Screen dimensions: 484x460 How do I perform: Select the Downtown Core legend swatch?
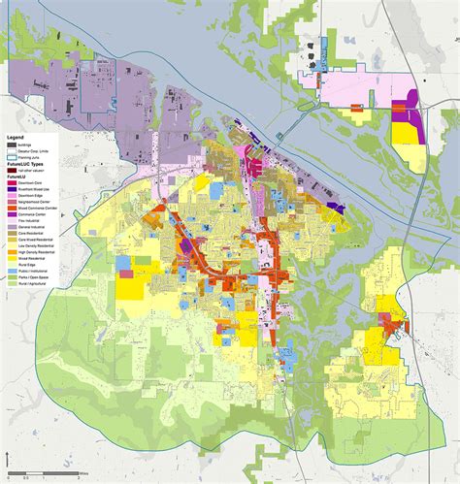click(x=12, y=182)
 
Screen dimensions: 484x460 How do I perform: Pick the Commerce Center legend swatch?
click(x=12, y=214)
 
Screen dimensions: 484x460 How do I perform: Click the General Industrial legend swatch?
click(x=12, y=227)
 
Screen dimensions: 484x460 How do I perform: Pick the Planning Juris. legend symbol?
click(x=12, y=157)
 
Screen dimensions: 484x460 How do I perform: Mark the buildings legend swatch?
click(x=12, y=145)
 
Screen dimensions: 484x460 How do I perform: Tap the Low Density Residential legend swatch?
click(x=12, y=246)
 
